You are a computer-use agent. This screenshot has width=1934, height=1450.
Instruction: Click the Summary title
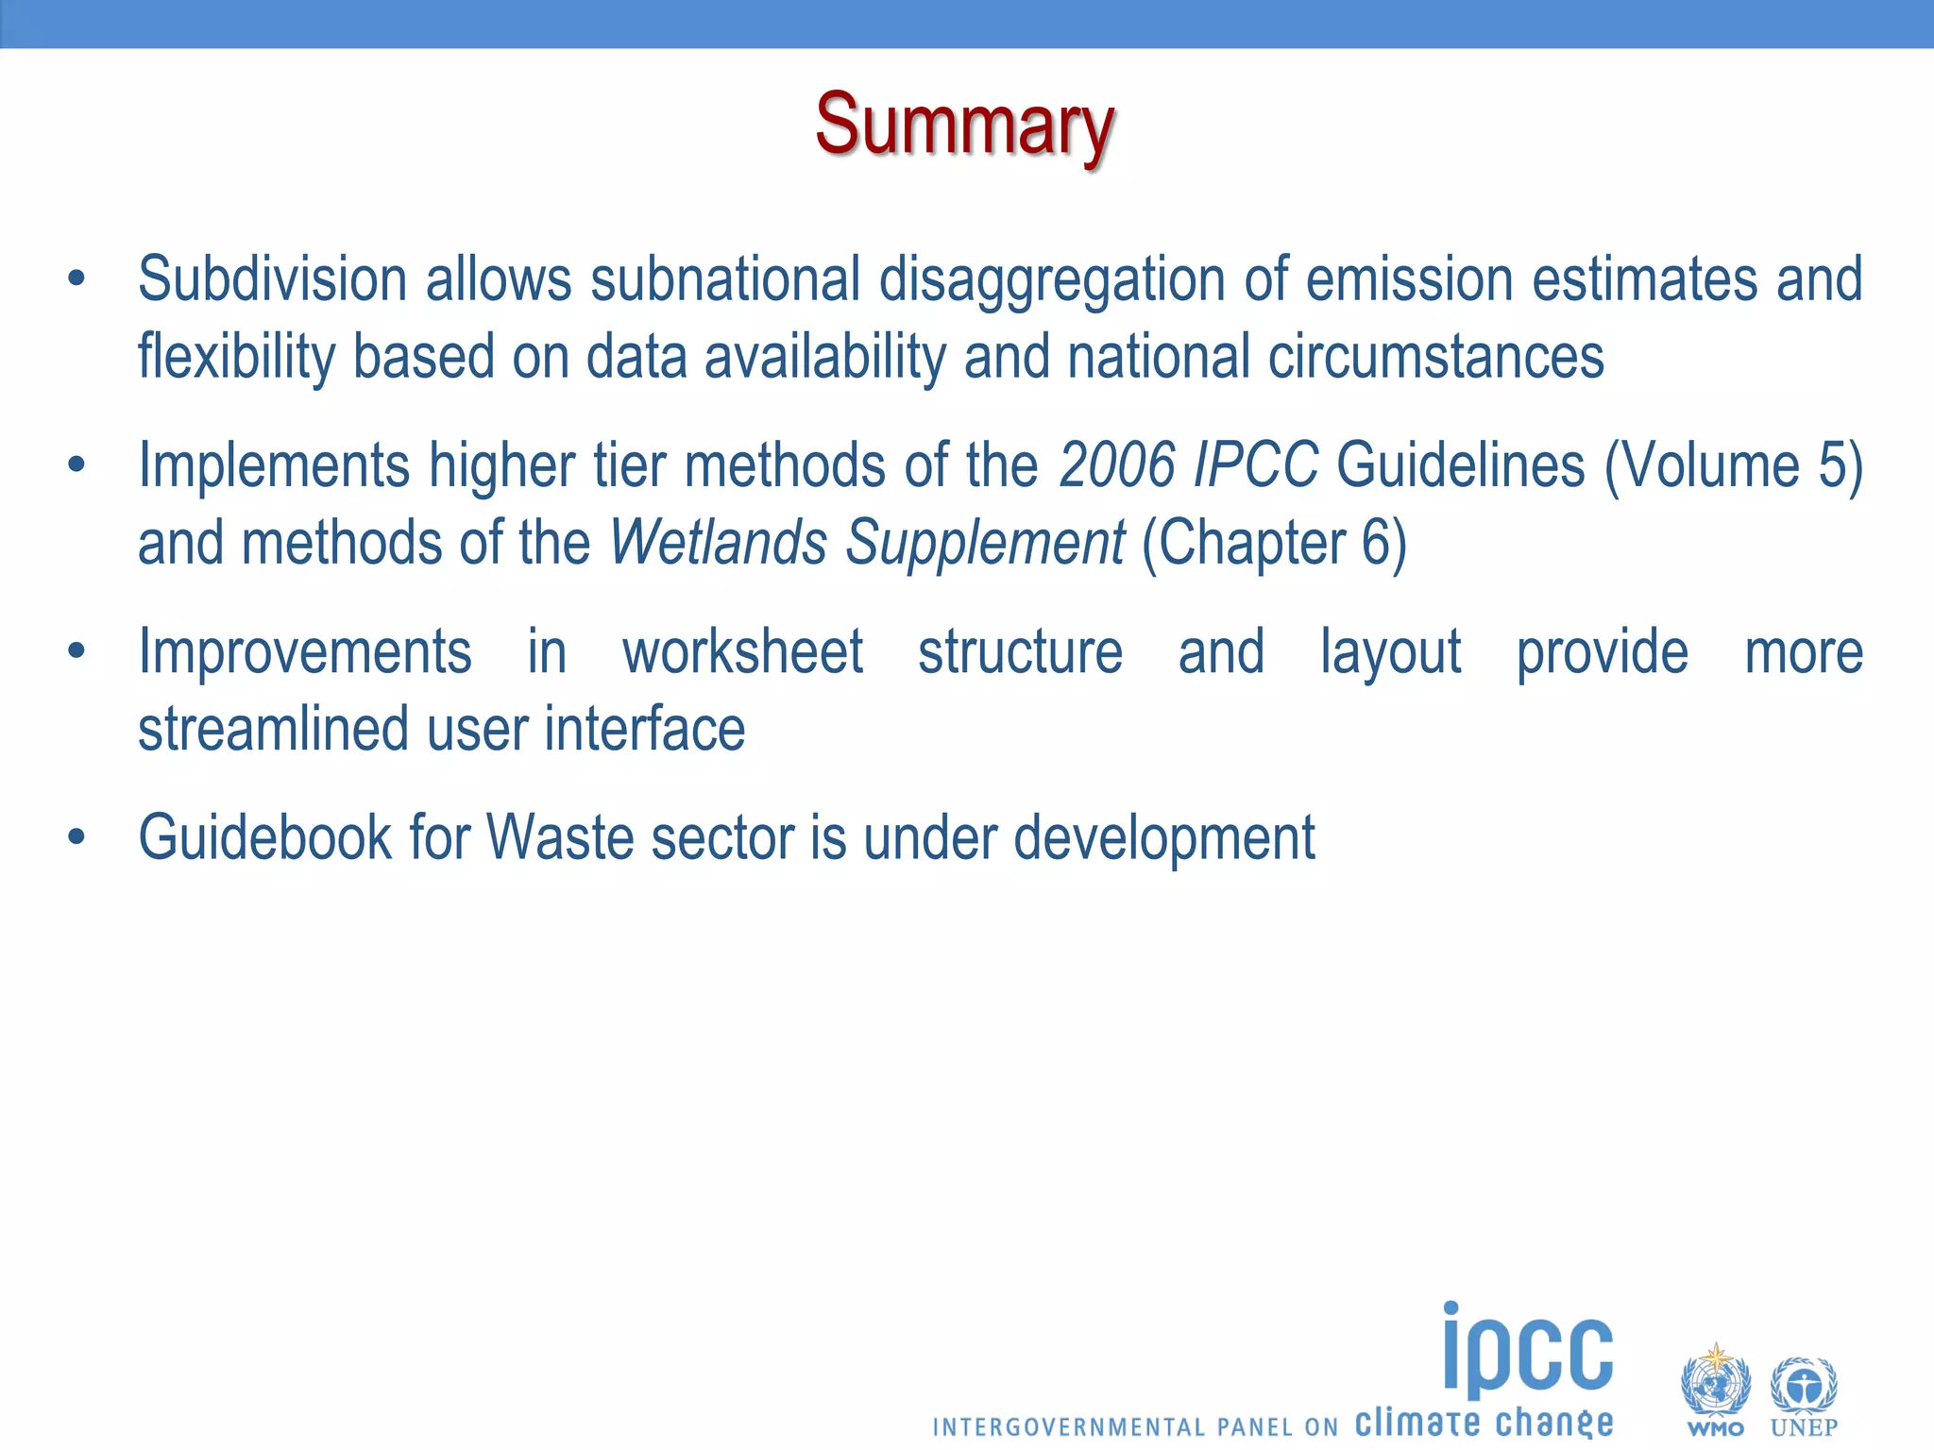[x=965, y=126]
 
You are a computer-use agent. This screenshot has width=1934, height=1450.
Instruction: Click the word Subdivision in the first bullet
[x=272, y=280]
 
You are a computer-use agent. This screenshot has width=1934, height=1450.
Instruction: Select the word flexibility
[x=236, y=358]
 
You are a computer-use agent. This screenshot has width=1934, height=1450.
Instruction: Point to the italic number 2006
[x=1117, y=465]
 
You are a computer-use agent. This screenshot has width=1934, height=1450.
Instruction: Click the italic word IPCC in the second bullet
[x=1255, y=465]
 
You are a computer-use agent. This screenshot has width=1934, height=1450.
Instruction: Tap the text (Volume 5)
[x=1733, y=465]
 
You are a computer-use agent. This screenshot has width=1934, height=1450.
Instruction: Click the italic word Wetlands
[x=719, y=543]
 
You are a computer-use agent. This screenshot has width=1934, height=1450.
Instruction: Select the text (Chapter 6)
[x=1274, y=543]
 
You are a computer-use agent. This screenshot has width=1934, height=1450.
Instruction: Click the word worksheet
[x=742, y=652]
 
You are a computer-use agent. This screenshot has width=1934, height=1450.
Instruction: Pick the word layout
[x=1390, y=652]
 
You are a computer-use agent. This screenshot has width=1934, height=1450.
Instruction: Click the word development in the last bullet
[x=1163, y=837]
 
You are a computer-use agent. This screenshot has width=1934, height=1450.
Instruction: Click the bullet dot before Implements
[x=76, y=464]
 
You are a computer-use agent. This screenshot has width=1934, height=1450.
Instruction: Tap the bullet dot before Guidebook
[x=76, y=836]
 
